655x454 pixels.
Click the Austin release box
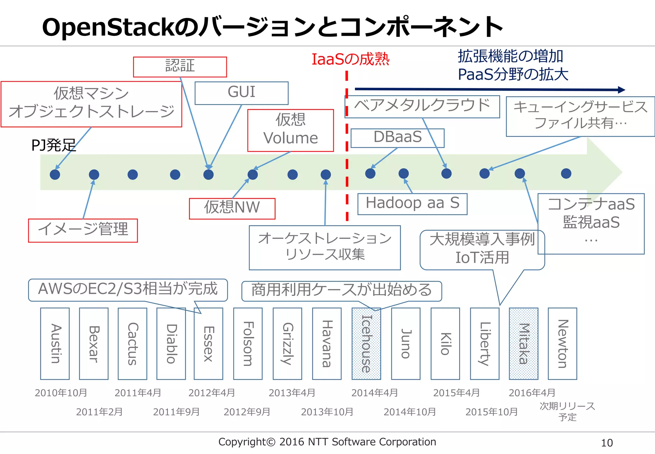pyautogui.click(x=55, y=344)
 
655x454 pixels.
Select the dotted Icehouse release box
pyautogui.click(x=366, y=344)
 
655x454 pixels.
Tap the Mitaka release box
pyautogui.click(x=524, y=344)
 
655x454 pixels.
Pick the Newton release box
pyautogui.click(x=562, y=344)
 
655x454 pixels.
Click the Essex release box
pyautogui.click(x=209, y=344)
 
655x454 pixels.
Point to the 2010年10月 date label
pyautogui.click(x=61, y=393)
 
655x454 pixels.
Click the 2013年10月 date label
pyautogui.click(x=327, y=412)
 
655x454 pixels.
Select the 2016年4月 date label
pyautogui.click(x=532, y=393)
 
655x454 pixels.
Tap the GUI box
pyautogui.click(x=241, y=93)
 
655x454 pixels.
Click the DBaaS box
pyautogui.click(x=398, y=138)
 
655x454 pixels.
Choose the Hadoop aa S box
pyautogui.click(x=412, y=204)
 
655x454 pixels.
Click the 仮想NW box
pyautogui.click(x=232, y=208)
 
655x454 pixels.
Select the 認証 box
pyautogui.click(x=180, y=67)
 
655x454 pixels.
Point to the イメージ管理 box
pyautogui.click(x=83, y=230)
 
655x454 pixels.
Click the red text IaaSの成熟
pyautogui.click(x=350, y=60)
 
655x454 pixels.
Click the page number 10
pyautogui.click(x=607, y=443)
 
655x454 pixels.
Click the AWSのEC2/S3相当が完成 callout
pyautogui.click(x=128, y=289)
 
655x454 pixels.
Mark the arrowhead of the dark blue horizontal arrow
pyautogui.click(x=621, y=90)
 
